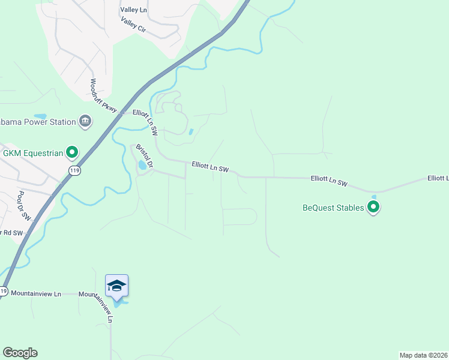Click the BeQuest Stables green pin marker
pos(373,208)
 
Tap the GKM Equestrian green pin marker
pos(72,152)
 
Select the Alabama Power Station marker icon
pos(85,122)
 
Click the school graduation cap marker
pos(116,286)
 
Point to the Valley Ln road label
pos(133,10)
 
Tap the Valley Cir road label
pos(133,26)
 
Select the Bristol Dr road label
pos(145,155)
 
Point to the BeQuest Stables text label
pos(333,208)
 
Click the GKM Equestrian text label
pos(33,152)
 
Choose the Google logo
pos(20,353)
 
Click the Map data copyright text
pos(423,355)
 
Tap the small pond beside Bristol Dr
pos(142,164)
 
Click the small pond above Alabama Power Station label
pos(40,116)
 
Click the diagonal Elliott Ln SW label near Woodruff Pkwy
pos(145,121)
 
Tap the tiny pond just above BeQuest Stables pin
pos(374,196)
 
